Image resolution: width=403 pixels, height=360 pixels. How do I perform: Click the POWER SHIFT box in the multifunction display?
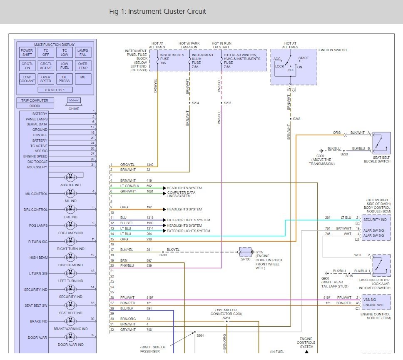pyautogui.click(x=27, y=52)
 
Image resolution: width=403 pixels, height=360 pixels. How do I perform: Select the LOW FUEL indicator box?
pyautogui.click(x=65, y=65)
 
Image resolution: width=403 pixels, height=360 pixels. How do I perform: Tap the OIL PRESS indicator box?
pyautogui.click(x=65, y=79)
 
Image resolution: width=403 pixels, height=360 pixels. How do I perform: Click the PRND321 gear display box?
pyautogui.click(x=55, y=90)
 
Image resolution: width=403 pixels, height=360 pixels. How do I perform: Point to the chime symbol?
pyautogui.click(x=74, y=102)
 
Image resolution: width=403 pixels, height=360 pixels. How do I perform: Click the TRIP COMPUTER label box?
pyautogui.click(x=35, y=100)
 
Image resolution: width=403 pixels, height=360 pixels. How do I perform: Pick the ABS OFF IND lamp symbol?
pyautogui.click(x=71, y=177)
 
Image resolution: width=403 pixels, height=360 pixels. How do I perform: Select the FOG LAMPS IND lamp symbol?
pyautogui.click(x=71, y=225)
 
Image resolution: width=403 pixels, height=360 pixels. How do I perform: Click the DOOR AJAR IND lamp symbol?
pyautogui.click(x=71, y=337)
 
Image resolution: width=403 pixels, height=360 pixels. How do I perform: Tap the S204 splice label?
pyautogui.click(x=196, y=103)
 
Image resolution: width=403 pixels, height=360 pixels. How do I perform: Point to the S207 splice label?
pyautogui.click(x=227, y=103)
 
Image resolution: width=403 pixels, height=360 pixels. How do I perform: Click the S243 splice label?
pyautogui.click(x=296, y=119)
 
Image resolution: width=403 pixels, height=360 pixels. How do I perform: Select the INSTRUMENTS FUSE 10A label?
pyautogui.click(x=172, y=59)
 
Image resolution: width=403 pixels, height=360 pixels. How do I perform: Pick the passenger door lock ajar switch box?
pyautogui.click(x=382, y=265)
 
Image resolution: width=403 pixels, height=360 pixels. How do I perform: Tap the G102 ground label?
pyautogui.click(x=259, y=252)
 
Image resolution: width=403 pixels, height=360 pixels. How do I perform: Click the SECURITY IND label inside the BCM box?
pyautogui.click(x=375, y=220)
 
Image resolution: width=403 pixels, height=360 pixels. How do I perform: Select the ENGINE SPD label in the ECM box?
pyautogui.click(x=373, y=305)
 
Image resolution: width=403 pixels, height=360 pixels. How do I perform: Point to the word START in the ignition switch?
pyautogui.click(x=303, y=58)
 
